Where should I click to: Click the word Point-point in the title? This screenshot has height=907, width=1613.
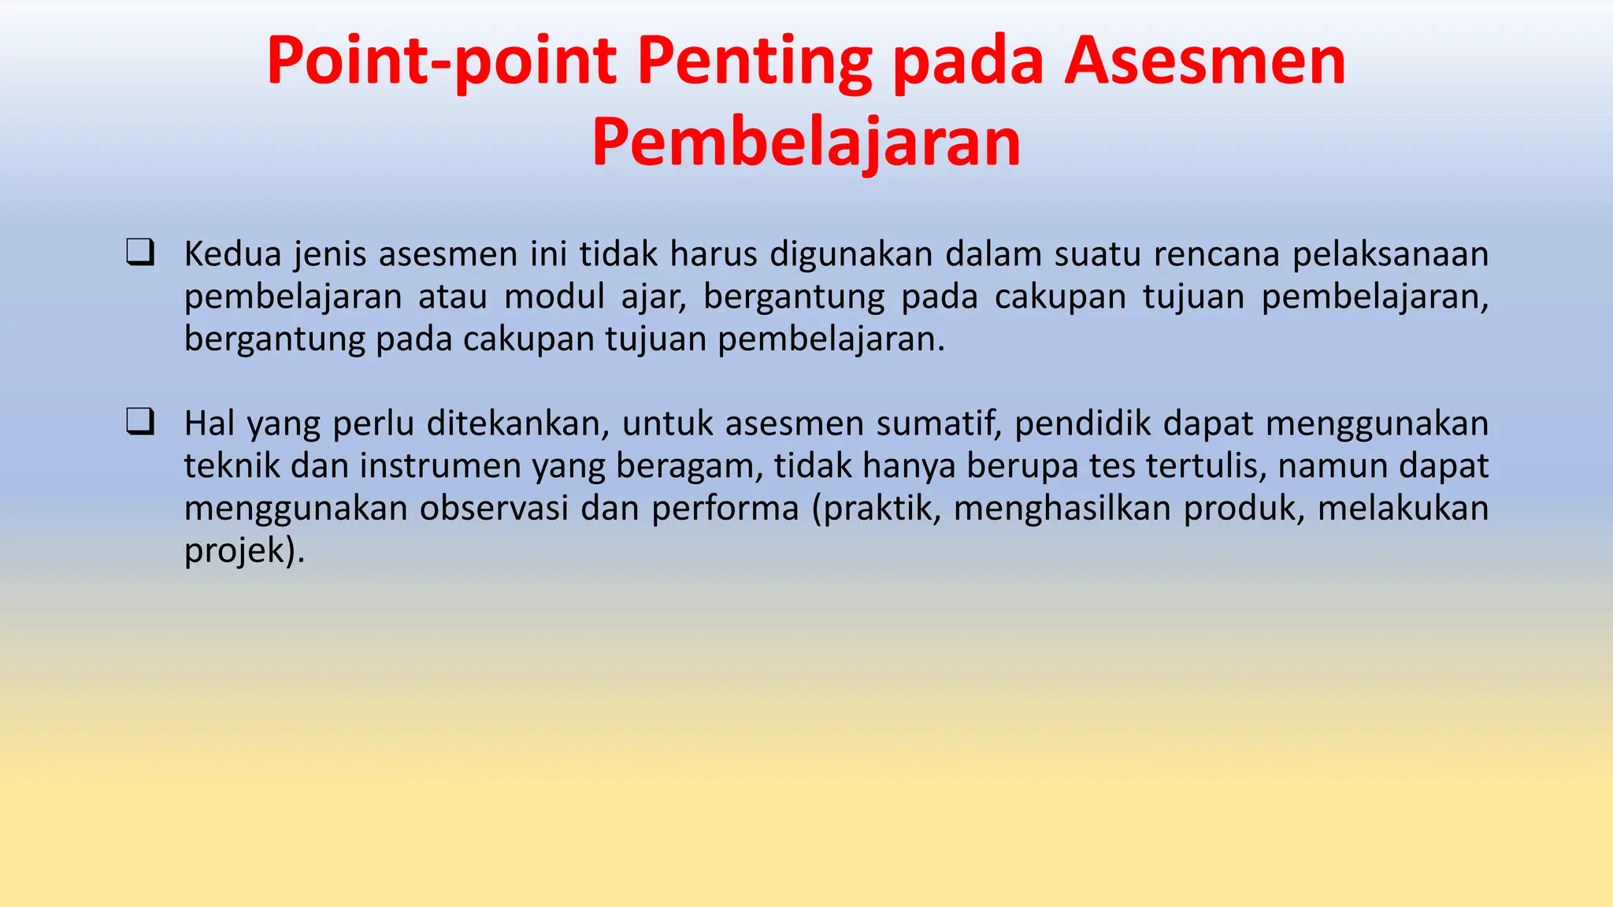[441, 61]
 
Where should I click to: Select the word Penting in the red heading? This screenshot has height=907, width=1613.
[754, 61]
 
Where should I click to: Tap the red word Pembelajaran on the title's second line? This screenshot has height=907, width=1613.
[806, 143]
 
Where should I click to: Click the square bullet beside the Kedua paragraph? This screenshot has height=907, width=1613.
[139, 253]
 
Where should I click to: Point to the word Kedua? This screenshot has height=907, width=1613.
[232, 254]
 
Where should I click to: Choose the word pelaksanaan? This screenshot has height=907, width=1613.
[1390, 254]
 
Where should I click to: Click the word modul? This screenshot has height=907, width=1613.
[555, 297]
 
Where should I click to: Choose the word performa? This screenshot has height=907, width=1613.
[725, 509]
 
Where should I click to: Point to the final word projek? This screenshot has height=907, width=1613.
[234, 551]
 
